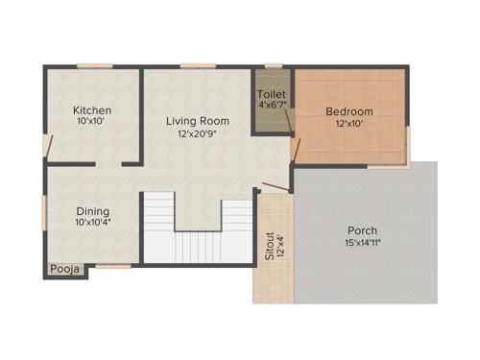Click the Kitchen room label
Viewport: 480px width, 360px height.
(x=93, y=110)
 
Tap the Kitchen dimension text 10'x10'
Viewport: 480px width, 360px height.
(x=93, y=123)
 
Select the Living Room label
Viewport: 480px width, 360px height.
(x=197, y=120)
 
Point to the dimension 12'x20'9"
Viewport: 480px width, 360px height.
(x=197, y=134)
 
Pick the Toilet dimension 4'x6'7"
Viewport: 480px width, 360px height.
(x=272, y=106)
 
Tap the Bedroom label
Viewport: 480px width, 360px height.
(x=348, y=111)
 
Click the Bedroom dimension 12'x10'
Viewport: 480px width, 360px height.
(x=348, y=124)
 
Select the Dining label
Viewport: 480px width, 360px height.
(x=93, y=211)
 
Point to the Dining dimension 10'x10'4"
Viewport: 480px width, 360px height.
(x=93, y=224)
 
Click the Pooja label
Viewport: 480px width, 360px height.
(x=66, y=270)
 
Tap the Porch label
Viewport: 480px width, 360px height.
(x=363, y=230)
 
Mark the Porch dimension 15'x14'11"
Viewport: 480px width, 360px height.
(x=363, y=244)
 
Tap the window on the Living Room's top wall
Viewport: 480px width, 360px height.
(x=197, y=66)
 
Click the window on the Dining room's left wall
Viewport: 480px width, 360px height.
(x=44, y=211)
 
